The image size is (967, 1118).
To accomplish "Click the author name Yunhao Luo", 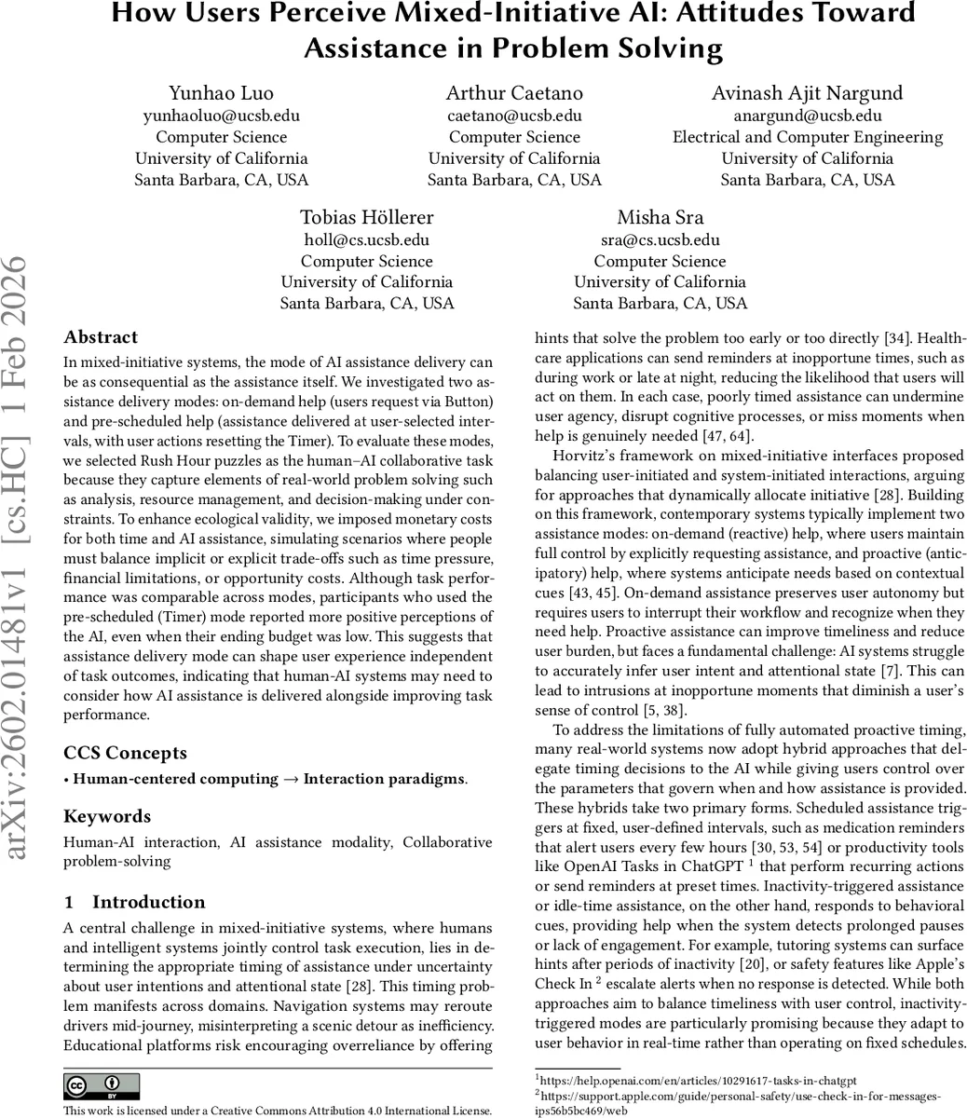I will [x=221, y=93].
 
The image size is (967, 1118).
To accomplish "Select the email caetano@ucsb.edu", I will [x=514, y=116].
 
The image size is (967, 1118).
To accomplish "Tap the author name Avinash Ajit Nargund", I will [x=807, y=93].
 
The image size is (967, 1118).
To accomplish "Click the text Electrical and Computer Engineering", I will [x=807, y=137].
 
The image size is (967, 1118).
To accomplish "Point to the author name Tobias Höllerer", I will [x=366, y=217].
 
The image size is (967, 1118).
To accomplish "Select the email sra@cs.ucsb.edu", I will [x=660, y=239].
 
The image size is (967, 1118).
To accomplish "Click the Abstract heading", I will [x=101, y=337].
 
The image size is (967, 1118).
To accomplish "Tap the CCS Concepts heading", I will [x=125, y=753].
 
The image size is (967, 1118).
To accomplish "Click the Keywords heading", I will [x=107, y=816].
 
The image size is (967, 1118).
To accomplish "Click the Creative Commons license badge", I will [x=102, y=1085].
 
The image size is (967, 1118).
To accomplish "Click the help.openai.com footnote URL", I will [x=698, y=1080].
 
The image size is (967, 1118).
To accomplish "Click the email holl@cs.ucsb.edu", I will [x=366, y=239].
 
